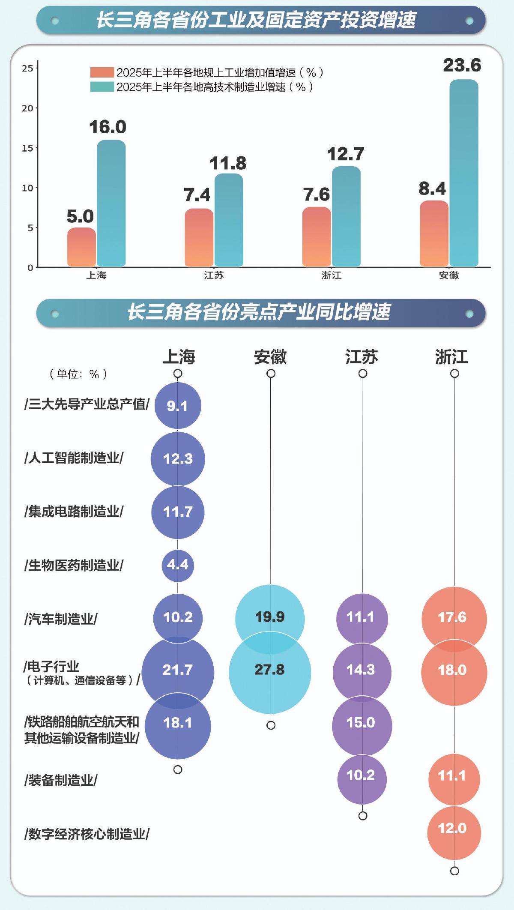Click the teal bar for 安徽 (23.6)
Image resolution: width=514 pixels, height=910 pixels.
coord(464,174)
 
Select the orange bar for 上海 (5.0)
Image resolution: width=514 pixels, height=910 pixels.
coord(81,248)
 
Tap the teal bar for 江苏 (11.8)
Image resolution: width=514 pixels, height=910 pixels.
coord(229,220)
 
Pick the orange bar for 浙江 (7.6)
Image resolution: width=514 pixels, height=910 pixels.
coord(317,237)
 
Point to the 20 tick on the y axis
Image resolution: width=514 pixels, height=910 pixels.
coord(28,108)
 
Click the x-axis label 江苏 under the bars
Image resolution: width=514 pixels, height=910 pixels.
coord(214,275)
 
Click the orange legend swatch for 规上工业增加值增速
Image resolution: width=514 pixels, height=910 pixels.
coord(102,72)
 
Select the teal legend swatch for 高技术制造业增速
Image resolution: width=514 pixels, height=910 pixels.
coord(102,87)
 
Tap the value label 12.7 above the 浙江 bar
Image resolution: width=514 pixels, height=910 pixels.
coord(346,154)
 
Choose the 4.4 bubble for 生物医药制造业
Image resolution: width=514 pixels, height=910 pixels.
coord(178,565)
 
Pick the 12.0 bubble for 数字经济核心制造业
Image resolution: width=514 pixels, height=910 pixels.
coord(454,833)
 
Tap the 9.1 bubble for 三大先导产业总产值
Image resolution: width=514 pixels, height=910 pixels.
coord(178,405)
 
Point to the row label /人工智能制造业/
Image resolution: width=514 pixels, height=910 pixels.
coord(74,458)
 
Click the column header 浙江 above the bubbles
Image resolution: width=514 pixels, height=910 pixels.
coord(451,356)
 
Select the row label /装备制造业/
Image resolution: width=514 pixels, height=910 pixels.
coord(61,780)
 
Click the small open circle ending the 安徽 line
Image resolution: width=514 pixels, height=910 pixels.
coord(271,725)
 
